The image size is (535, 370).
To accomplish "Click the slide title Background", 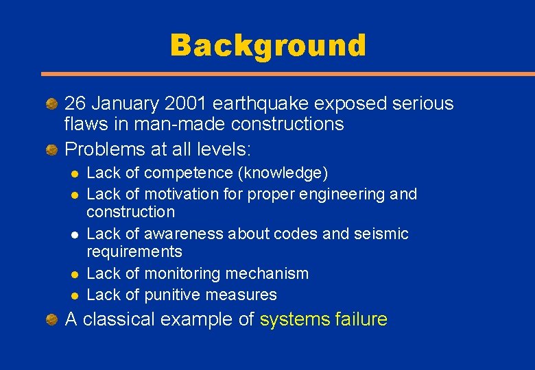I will pyautogui.click(x=267, y=46).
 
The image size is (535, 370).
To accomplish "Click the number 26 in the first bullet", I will pyautogui.click(x=75, y=103).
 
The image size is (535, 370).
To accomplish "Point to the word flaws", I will pyautogui.click(x=84, y=124).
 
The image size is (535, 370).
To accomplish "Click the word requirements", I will pyautogui.click(x=134, y=251).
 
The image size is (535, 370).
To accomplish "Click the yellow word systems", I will pyautogui.click(x=295, y=319).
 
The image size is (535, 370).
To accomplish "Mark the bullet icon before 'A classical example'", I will pyautogui.click(x=51, y=319).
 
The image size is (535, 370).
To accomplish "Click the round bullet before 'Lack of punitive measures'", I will pyautogui.click(x=74, y=295).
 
